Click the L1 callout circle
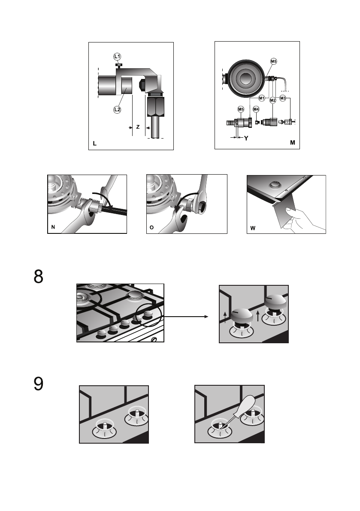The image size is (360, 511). [x=117, y=57]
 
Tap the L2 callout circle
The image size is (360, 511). [x=117, y=109]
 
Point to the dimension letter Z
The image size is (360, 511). [x=138, y=127]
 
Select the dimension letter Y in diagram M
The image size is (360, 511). [x=246, y=138]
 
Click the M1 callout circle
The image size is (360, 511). [x=262, y=98]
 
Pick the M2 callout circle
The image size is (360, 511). [x=273, y=100]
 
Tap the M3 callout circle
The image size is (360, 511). [x=283, y=98]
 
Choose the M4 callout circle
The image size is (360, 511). [x=256, y=109]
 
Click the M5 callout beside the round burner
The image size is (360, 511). [x=274, y=61]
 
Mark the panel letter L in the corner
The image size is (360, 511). [x=95, y=143]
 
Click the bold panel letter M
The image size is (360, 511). [x=293, y=142]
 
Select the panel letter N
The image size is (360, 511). [x=53, y=227]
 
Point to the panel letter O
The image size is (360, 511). [x=151, y=227]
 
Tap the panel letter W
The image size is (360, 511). [x=253, y=228]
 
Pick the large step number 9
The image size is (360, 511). [x=39, y=384]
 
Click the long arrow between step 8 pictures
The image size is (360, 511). [x=185, y=317]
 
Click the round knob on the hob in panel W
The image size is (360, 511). [x=274, y=185]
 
